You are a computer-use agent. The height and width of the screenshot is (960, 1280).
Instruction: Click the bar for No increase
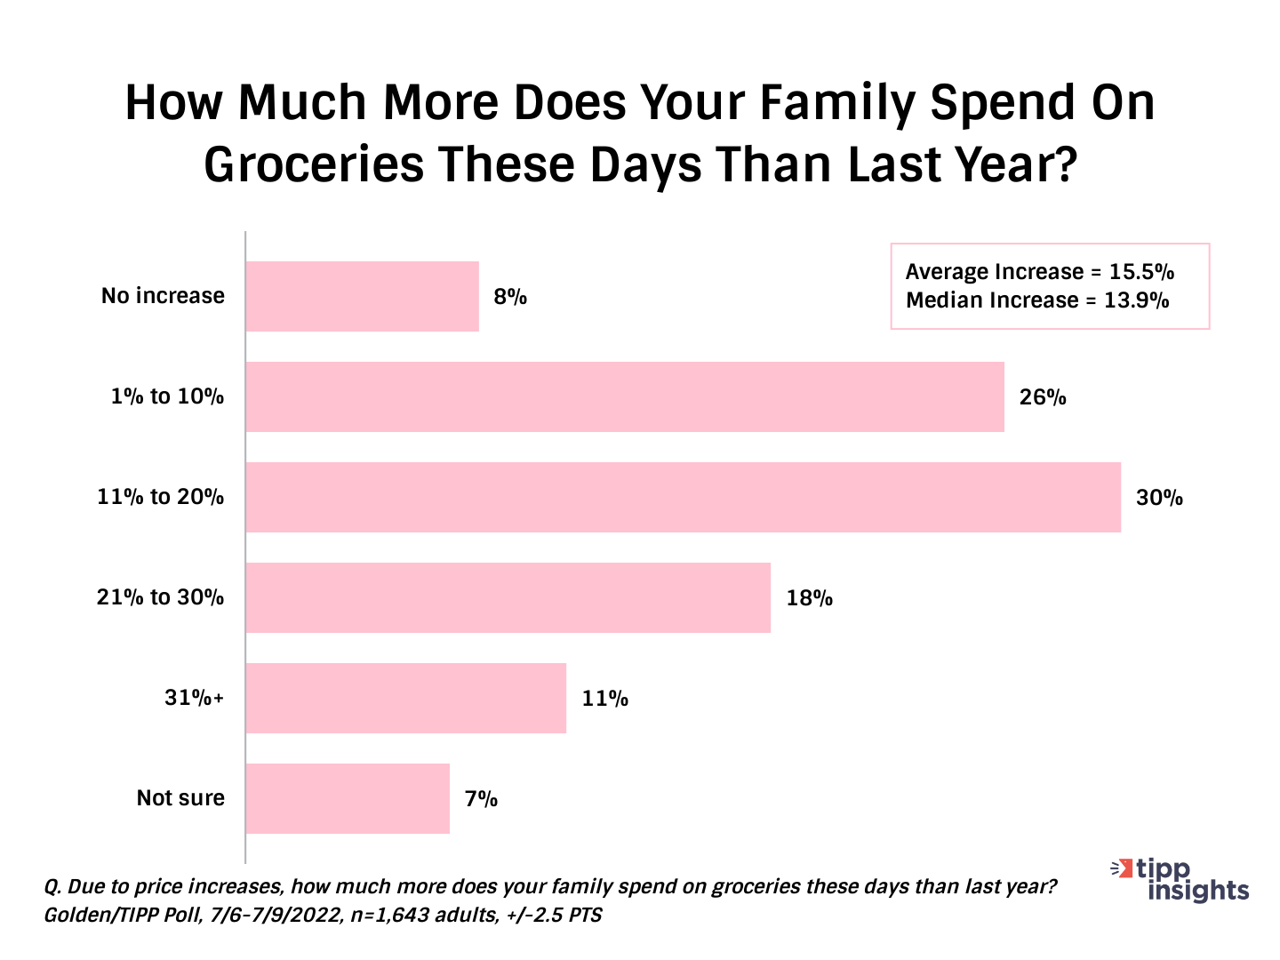click(x=363, y=296)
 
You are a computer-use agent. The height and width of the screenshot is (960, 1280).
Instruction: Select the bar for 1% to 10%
click(x=625, y=396)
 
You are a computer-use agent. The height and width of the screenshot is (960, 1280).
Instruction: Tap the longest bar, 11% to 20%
click(x=683, y=497)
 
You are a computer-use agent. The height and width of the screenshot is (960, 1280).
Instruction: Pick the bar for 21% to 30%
click(x=508, y=597)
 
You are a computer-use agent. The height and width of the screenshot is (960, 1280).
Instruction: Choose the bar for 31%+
click(x=405, y=698)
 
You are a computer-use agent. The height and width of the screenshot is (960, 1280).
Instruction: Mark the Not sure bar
click(x=348, y=798)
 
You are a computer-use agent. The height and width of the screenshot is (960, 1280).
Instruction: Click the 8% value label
click(x=510, y=297)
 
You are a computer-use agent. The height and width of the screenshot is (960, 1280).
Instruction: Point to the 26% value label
click(x=1043, y=397)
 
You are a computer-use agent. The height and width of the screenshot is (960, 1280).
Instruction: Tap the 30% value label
click(x=1159, y=498)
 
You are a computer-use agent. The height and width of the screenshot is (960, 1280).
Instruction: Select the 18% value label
click(x=809, y=598)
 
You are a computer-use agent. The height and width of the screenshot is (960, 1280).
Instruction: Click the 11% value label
click(x=605, y=699)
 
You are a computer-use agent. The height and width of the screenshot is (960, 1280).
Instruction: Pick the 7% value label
click(x=481, y=799)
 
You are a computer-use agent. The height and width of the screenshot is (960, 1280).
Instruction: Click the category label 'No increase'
click(x=163, y=296)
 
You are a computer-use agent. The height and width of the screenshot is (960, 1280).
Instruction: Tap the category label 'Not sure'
click(x=180, y=798)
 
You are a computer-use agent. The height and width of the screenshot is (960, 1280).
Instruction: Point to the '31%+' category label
click(x=194, y=698)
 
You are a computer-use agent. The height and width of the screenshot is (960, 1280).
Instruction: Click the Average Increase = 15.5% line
click(x=1040, y=272)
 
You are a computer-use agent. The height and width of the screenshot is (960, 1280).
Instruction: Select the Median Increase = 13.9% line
click(x=1037, y=300)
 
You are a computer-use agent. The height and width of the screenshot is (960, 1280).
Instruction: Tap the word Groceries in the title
click(x=314, y=165)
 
